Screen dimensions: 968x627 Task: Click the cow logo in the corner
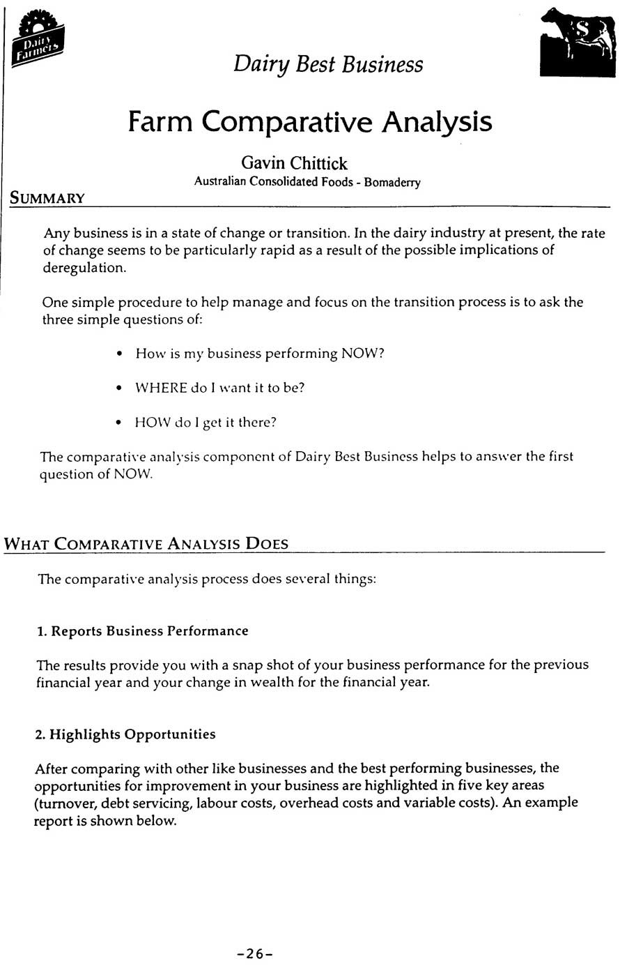pos(578,41)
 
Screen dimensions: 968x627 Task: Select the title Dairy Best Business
pos(328,64)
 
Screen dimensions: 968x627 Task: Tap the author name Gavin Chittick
pos(294,163)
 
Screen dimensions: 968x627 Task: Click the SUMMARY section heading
pos(47,198)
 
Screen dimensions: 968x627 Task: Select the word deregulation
pos(84,268)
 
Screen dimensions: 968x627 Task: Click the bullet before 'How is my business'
pos(121,354)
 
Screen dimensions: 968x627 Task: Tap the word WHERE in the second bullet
pos(160,388)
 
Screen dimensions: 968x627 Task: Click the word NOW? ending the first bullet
pos(362,354)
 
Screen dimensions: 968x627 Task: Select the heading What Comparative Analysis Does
pos(146,544)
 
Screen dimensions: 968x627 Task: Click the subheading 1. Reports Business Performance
pos(142,631)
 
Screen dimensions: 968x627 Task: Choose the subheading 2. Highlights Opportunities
pos(125,734)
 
